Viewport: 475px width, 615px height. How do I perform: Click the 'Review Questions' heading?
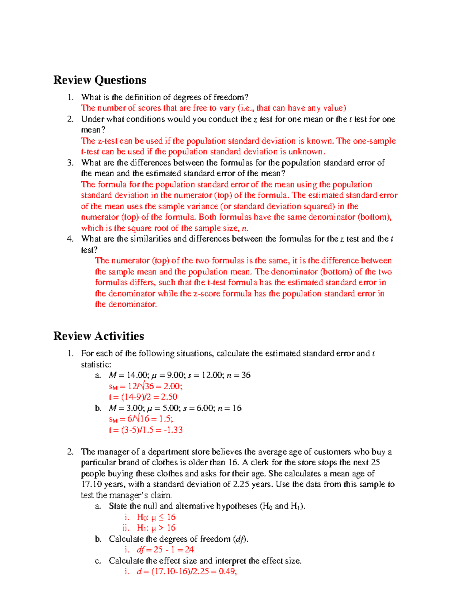(100, 80)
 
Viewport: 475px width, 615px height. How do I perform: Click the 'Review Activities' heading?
(99, 336)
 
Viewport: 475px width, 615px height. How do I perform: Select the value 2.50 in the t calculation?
(169, 397)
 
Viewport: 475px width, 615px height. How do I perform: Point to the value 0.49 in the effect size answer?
(227, 571)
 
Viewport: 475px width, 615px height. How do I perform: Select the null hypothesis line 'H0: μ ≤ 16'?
(156, 517)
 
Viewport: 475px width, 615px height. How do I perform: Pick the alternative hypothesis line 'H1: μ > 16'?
(156, 528)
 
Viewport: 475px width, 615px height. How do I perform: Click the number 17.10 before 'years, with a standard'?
(91, 484)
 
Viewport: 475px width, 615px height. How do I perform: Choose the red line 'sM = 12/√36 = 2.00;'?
(145, 387)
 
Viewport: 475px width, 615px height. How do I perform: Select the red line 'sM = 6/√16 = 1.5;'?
(141, 419)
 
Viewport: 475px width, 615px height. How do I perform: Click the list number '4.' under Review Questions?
(70, 239)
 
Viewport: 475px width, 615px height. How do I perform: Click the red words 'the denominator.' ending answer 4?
(126, 305)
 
